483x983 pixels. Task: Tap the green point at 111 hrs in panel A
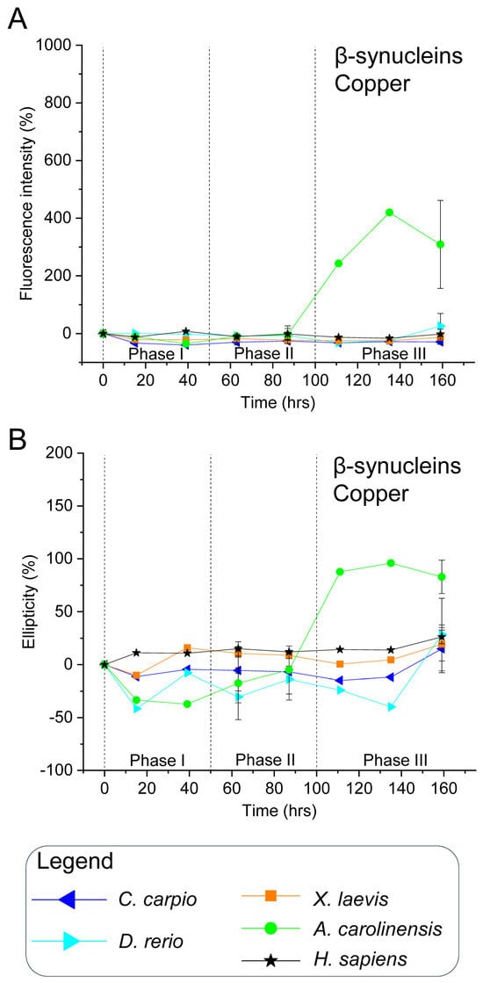point(338,263)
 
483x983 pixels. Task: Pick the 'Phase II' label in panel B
point(264,758)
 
